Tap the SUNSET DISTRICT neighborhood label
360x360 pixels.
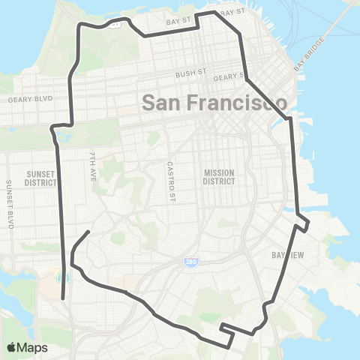click(39, 177)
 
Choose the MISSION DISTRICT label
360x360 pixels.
click(219, 177)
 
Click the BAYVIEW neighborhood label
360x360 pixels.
click(285, 255)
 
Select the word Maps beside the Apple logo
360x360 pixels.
click(33, 347)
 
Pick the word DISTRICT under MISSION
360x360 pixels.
click(219, 181)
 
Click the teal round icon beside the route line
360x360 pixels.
click(62, 278)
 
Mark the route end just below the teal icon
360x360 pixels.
click(63, 299)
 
